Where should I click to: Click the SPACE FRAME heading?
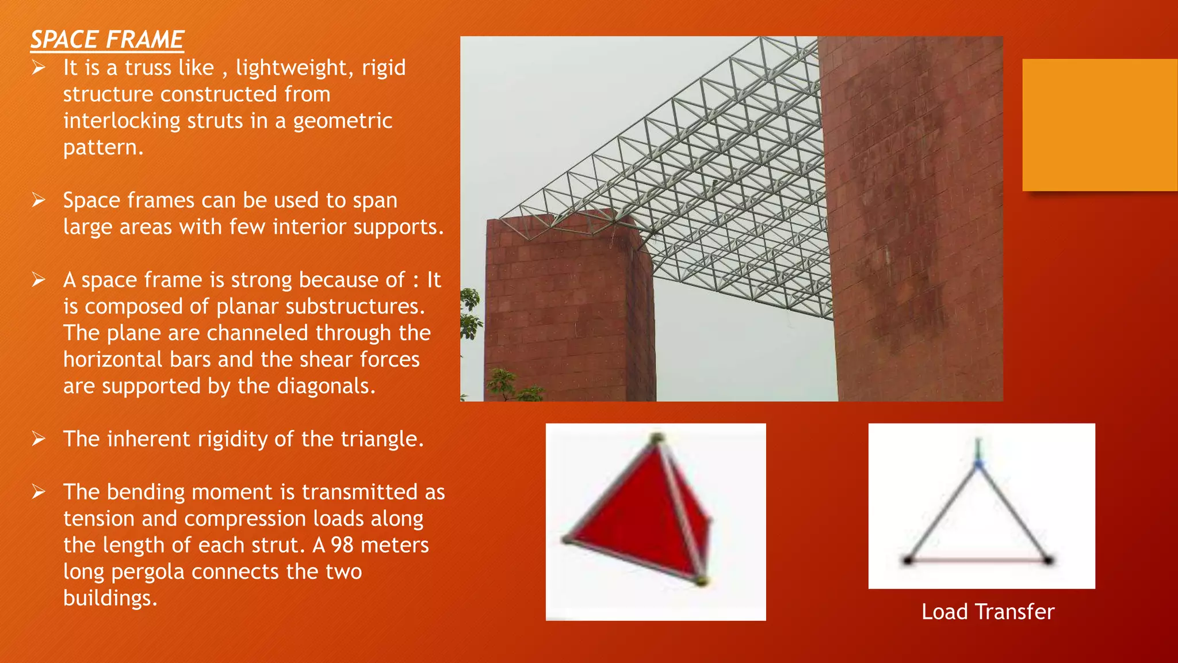(107, 40)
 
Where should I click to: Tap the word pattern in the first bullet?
(102, 148)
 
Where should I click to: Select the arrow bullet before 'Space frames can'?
(39, 200)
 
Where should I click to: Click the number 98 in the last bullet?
(342, 545)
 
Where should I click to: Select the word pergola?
(148, 571)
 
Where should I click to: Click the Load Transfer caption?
(988, 612)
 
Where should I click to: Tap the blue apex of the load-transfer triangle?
(978, 464)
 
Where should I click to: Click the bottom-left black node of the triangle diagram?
(908, 559)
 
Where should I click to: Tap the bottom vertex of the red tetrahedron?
(700, 581)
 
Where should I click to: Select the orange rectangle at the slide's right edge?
(1099, 124)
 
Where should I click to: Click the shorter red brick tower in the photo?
(567, 311)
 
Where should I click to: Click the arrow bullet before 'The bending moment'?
(39, 491)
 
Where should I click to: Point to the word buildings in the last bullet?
(109, 599)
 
